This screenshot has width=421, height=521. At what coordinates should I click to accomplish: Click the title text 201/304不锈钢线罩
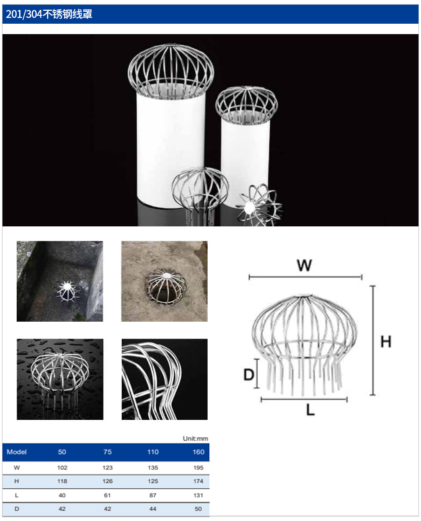tap(49, 14)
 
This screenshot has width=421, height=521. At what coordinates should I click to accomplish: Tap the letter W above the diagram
tap(304, 265)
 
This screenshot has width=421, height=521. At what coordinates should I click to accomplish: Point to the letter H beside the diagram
tap(386, 342)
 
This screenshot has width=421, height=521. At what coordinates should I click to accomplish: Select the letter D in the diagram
tap(249, 374)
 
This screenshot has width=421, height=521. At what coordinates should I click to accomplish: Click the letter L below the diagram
tap(311, 410)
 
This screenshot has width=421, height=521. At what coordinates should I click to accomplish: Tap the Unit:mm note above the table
tap(195, 439)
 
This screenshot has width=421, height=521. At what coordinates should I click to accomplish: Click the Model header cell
tap(17, 452)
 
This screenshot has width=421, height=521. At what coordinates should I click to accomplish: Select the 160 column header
tap(198, 452)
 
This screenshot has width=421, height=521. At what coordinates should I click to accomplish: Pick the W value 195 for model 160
tap(198, 468)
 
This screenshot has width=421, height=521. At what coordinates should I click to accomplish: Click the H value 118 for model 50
tap(62, 481)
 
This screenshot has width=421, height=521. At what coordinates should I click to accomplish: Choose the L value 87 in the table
tap(153, 495)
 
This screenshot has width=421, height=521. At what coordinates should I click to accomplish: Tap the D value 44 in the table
tap(153, 509)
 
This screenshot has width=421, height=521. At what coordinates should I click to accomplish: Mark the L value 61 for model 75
tap(107, 495)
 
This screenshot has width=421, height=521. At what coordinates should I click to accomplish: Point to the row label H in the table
tap(17, 481)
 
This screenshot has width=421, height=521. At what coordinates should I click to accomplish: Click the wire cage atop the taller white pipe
tap(171, 72)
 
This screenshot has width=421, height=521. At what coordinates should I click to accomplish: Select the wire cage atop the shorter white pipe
tap(247, 105)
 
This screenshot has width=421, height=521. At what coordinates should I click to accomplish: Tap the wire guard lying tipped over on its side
tap(260, 205)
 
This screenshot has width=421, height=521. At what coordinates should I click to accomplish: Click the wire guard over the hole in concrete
tap(166, 286)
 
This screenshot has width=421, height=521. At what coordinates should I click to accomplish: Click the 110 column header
tap(153, 452)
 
